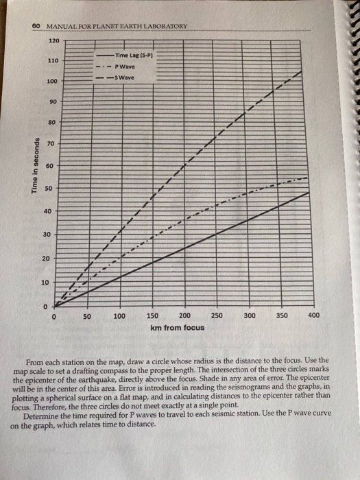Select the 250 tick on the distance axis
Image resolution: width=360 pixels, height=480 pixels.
217,316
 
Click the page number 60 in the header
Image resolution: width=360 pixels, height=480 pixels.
36,26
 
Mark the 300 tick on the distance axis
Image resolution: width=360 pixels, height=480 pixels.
250,316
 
